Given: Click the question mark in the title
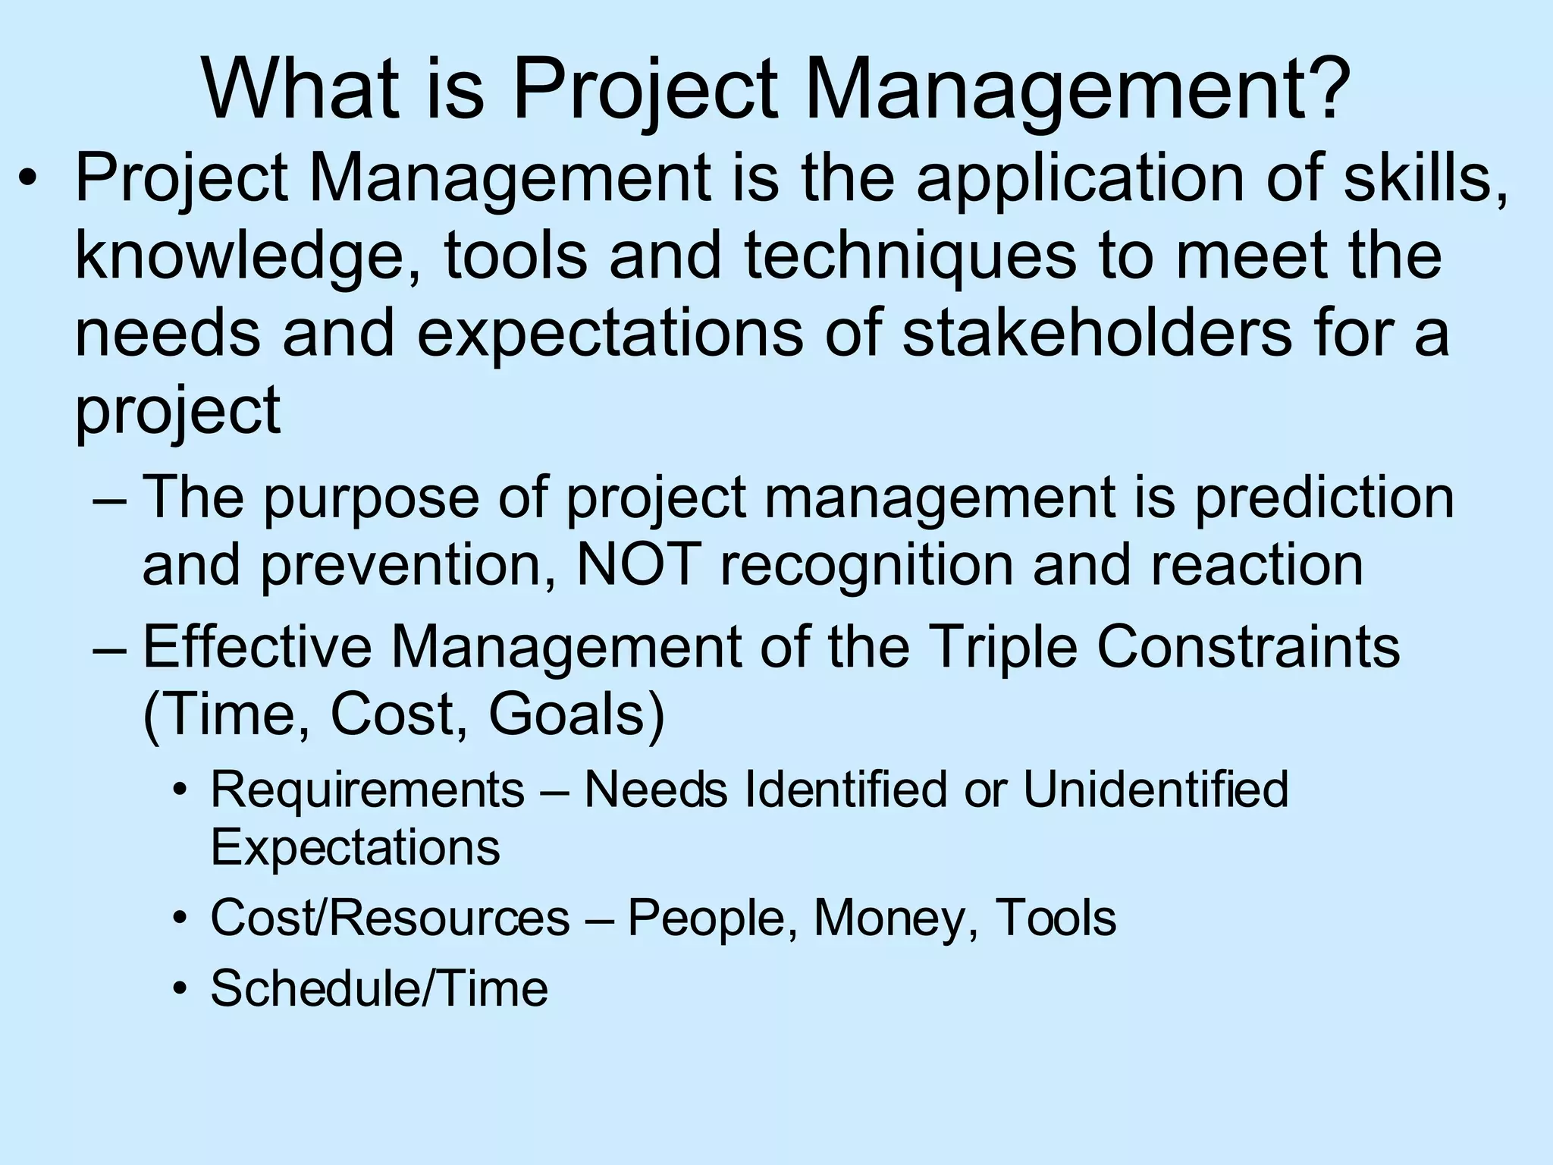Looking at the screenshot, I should click(x=1321, y=89).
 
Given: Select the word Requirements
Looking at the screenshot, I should click(x=367, y=790).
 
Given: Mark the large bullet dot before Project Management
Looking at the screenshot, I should click(x=28, y=182).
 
